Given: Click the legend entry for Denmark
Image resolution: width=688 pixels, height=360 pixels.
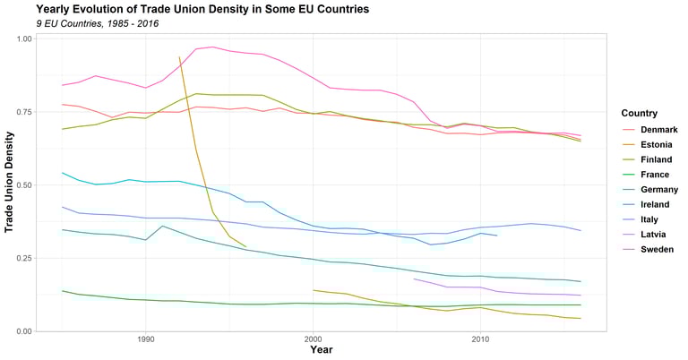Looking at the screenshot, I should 658,130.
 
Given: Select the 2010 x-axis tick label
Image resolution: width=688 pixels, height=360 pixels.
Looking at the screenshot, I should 479,340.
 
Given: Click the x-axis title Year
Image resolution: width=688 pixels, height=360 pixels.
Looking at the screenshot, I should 321,350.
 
